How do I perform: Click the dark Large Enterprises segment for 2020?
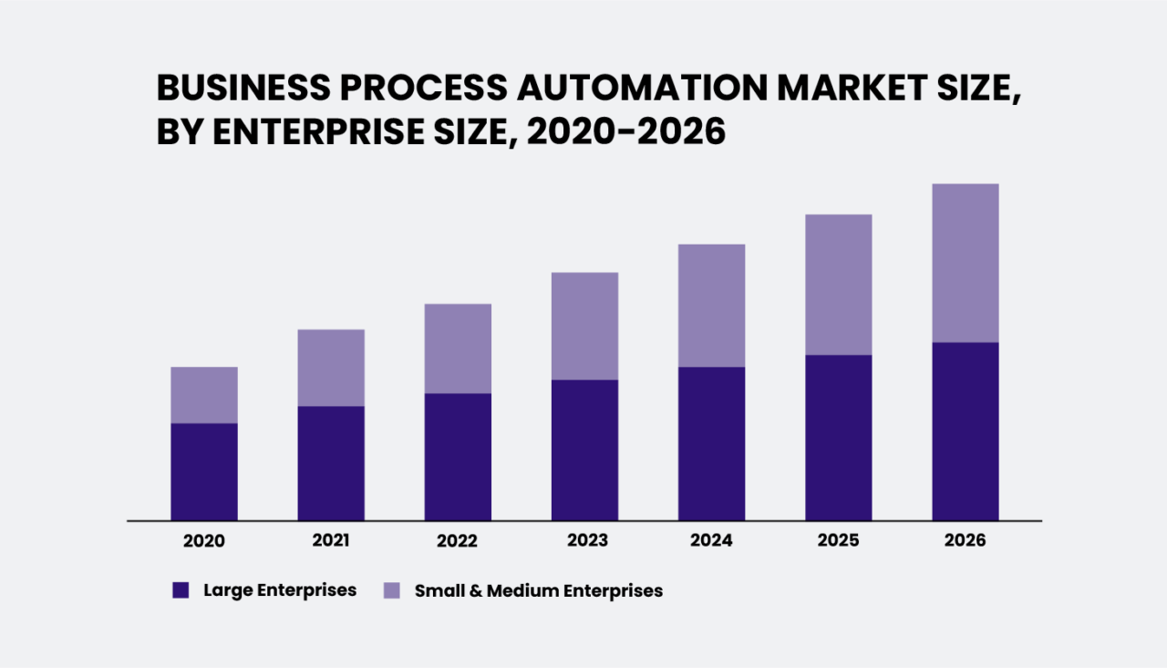(204, 472)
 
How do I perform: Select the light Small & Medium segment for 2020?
(204, 395)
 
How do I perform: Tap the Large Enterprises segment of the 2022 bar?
(458, 456)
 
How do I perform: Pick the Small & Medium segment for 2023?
(584, 326)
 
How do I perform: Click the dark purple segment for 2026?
(965, 432)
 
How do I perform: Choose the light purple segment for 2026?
(965, 263)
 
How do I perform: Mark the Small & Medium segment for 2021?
(331, 368)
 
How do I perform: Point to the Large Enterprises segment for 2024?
(711, 444)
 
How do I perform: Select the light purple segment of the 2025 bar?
(838, 285)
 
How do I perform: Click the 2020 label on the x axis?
(204, 541)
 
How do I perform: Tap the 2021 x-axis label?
(331, 540)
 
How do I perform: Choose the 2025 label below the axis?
(838, 541)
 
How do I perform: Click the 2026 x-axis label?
(965, 541)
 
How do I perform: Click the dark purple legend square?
(181, 590)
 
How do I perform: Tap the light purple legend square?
(391, 590)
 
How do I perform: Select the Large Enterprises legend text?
(280, 590)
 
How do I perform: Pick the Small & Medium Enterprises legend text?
(538, 590)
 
